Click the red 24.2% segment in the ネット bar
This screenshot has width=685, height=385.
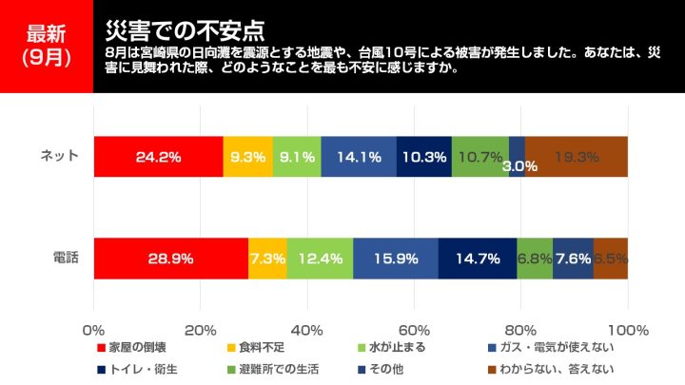click(158, 157)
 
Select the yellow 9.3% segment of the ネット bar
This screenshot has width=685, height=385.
click(247, 157)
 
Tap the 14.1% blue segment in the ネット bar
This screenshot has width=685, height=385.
click(359, 157)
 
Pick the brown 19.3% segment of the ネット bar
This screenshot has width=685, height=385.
click(577, 157)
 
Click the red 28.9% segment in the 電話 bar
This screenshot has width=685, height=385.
click(171, 259)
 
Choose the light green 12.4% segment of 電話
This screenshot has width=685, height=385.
click(320, 259)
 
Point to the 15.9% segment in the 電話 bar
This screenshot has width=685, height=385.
click(396, 259)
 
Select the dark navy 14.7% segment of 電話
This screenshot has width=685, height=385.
click(478, 259)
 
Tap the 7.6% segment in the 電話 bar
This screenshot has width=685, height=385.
click(573, 259)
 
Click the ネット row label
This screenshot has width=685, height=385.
click(59, 157)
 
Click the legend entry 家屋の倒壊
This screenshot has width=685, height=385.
click(137, 348)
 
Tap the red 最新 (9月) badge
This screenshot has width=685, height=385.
click(47, 46)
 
